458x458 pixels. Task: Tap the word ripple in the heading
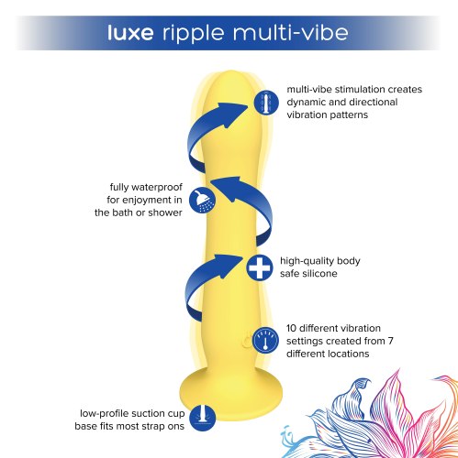pyautogui.click(x=195, y=34)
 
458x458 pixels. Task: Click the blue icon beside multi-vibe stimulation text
pyautogui.click(x=264, y=102)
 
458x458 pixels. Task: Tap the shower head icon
pyautogui.click(x=197, y=199)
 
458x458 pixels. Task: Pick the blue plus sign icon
pyautogui.click(x=259, y=268)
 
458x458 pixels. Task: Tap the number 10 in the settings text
pyautogui.click(x=293, y=327)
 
